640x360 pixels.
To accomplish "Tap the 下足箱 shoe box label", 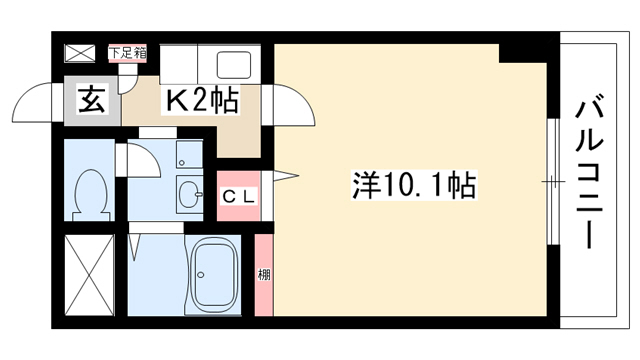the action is click(x=127, y=53).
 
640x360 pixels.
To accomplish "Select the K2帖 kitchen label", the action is click(x=201, y=100).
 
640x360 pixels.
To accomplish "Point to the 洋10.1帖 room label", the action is click(x=413, y=185).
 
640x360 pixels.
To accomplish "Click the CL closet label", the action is click(x=239, y=197).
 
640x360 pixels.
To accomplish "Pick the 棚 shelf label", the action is click(x=264, y=275).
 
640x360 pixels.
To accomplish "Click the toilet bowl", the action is click(x=91, y=195).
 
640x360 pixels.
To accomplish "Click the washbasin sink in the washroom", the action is click(x=189, y=194).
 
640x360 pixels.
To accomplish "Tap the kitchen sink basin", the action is click(x=234, y=64).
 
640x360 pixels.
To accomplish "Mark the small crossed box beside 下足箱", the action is click(x=80, y=53).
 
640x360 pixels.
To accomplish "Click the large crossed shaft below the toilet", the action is click(x=89, y=275).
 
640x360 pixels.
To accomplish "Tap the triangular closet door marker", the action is click(x=286, y=176).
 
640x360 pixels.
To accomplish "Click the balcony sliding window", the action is click(x=553, y=182).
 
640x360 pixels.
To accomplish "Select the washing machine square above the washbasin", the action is click(x=189, y=154).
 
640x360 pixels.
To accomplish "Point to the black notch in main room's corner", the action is click(x=523, y=53).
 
